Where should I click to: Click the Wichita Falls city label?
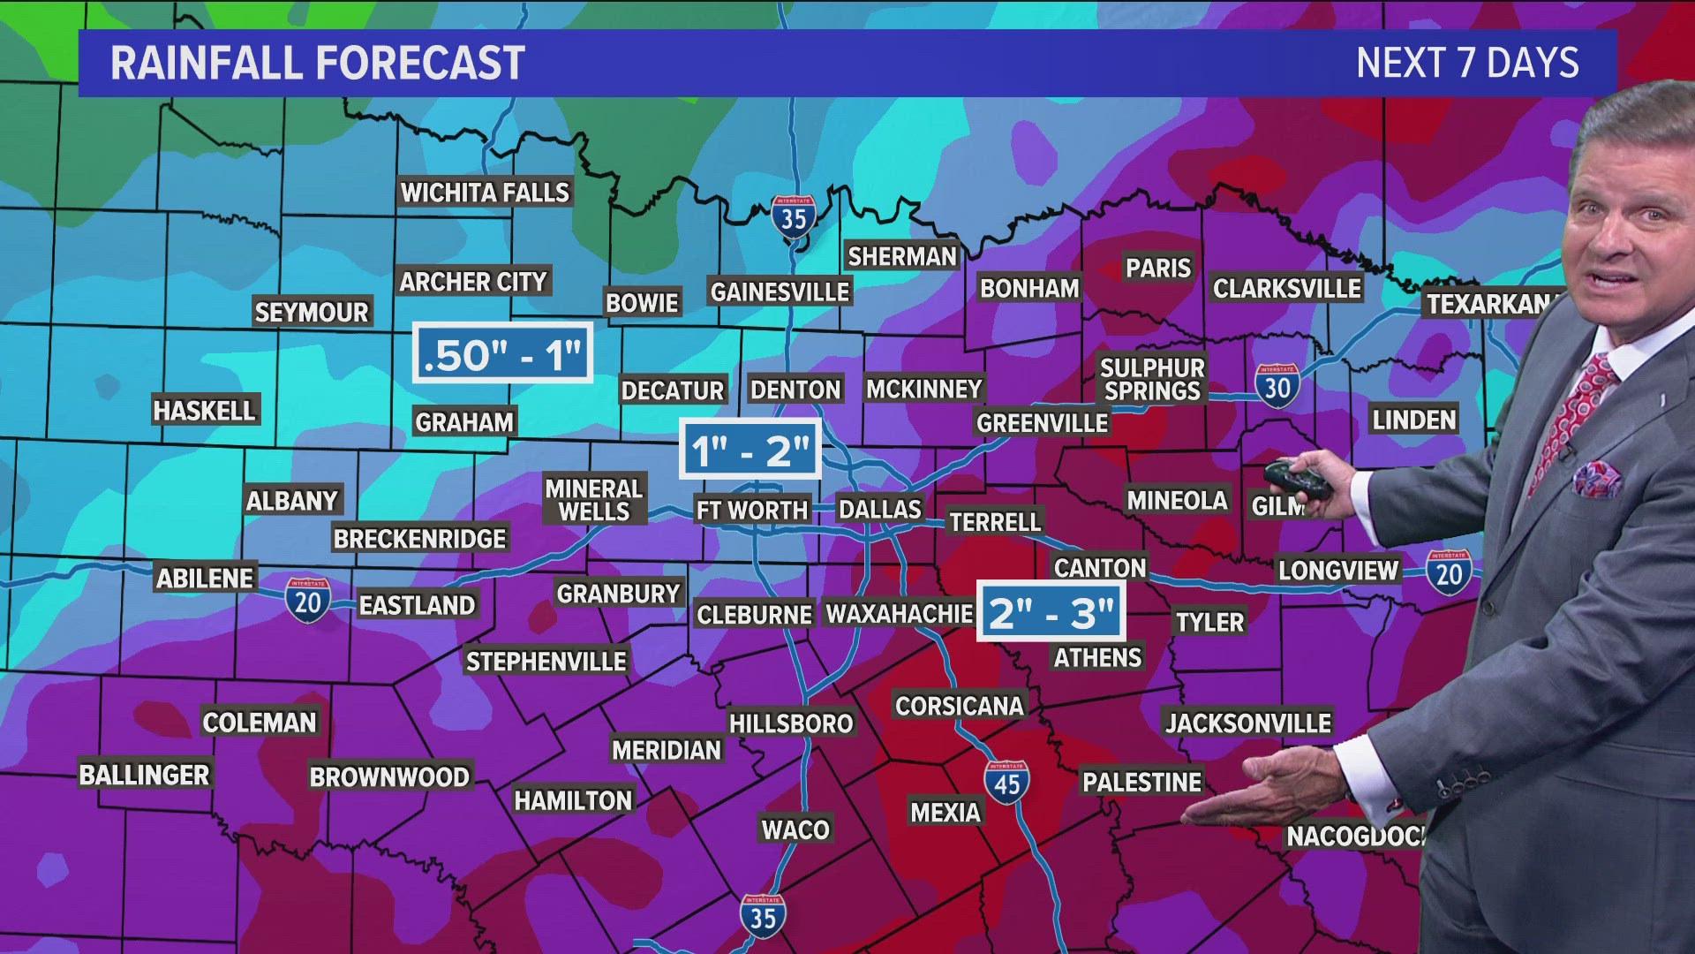coord(485,193)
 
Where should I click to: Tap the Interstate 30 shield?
coord(1277,386)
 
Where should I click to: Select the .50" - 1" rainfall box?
coord(502,354)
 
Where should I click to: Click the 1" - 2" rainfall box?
coord(750,450)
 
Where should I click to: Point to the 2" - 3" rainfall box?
coord(1051,611)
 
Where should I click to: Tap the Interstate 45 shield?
coord(1006,782)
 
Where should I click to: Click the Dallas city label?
coord(879,510)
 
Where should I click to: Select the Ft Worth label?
coord(751,511)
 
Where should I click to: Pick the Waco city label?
coord(795,829)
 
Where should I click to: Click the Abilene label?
coord(205,579)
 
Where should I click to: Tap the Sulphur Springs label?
coord(1152,380)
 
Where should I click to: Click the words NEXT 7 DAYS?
coord(1467,64)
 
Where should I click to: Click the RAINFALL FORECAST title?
coord(318,64)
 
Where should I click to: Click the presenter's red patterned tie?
coord(1580,415)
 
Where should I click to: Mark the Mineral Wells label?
coord(593,500)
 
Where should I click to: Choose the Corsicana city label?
coord(959,706)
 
